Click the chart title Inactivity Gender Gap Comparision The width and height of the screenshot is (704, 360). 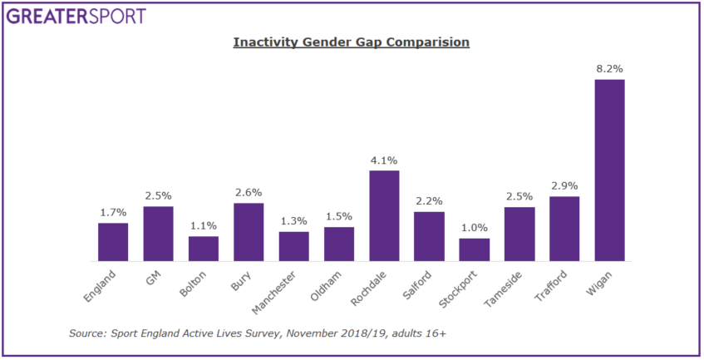(351, 42)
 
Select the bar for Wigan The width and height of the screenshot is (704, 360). (609, 170)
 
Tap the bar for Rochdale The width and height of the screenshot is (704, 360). (384, 215)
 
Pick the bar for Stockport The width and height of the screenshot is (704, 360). (475, 249)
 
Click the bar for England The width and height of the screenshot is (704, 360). (113, 241)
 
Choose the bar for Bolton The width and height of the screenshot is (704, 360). (204, 249)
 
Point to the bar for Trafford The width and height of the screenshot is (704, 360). (564, 229)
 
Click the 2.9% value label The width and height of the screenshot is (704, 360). (564, 186)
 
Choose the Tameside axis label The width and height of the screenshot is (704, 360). (514, 284)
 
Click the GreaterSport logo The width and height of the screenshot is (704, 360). (76, 16)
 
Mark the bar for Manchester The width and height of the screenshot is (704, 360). (293, 246)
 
